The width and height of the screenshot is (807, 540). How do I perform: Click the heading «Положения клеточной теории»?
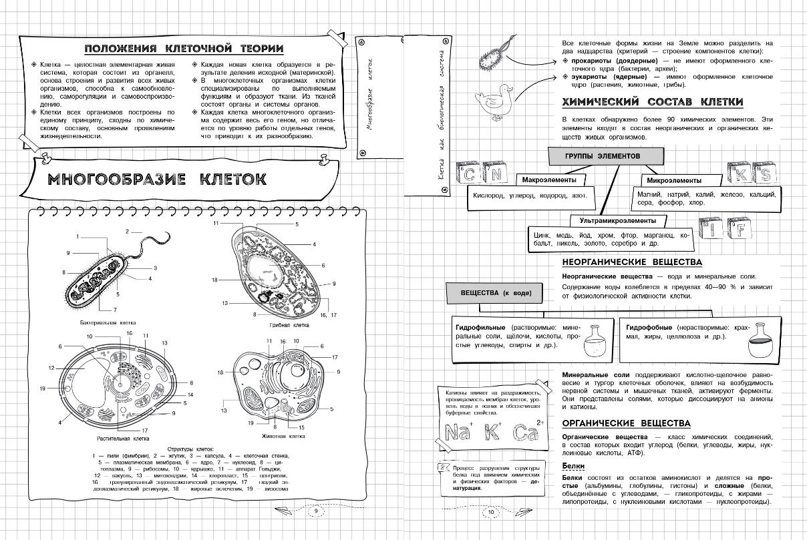coord(184,49)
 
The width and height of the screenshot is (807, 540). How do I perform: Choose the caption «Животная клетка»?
coord(287,435)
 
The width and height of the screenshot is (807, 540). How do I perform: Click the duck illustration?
coord(494,97)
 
